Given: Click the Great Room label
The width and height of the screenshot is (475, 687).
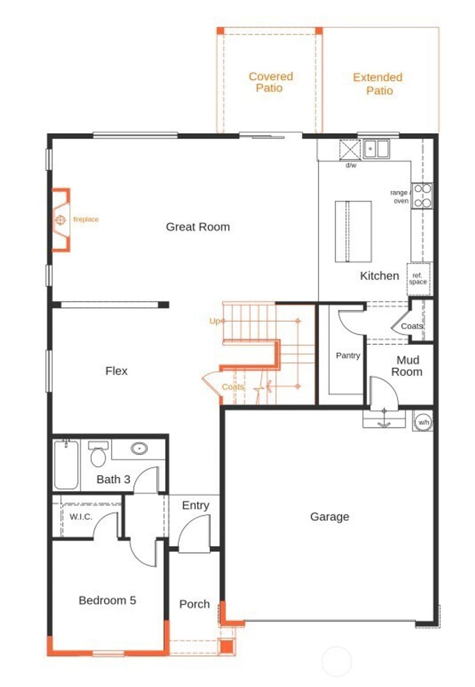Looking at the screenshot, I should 198,227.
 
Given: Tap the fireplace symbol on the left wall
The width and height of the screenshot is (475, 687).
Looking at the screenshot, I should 61,219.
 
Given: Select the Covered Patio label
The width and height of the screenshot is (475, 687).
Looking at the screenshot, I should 270,82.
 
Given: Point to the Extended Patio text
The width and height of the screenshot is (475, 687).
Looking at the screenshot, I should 378,84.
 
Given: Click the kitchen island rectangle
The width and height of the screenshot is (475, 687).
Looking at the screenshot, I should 353,231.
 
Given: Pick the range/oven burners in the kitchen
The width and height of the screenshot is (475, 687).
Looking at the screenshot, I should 423,196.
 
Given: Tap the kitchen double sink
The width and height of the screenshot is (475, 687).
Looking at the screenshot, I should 376,149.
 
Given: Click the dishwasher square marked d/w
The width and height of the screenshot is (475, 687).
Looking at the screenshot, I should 350,150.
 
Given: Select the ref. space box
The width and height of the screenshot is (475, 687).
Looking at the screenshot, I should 418,279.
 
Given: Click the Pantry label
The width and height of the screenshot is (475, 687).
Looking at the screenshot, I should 347,355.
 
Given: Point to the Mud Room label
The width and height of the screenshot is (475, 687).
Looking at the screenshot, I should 407,366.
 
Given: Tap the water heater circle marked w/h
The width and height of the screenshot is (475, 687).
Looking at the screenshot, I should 423,422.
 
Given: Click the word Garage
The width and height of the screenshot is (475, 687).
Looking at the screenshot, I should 329,516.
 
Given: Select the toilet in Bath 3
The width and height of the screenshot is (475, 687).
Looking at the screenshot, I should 98,455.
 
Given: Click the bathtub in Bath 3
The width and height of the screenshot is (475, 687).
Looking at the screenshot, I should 66,465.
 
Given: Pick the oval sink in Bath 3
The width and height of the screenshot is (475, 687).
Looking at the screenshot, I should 139,449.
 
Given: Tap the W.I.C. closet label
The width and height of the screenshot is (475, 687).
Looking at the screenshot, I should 81,517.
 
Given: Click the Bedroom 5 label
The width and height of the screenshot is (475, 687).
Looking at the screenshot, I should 107,600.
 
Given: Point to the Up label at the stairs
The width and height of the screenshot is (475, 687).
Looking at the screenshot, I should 215,321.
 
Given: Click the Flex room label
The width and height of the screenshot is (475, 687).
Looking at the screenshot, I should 116,371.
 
